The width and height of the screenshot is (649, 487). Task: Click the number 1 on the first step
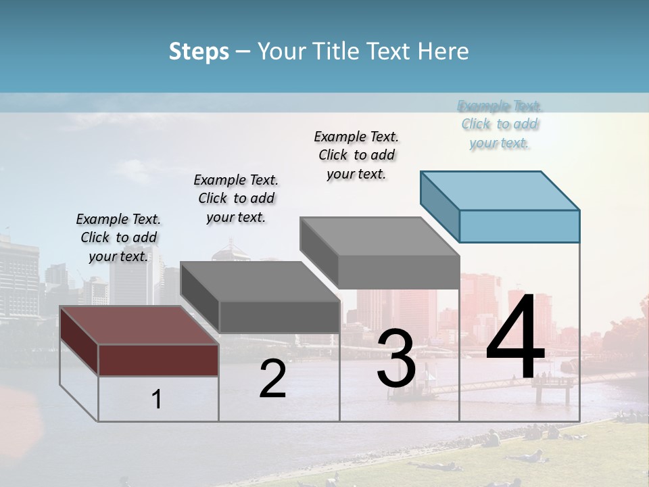(156, 399)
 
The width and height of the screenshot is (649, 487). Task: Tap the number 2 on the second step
(272, 379)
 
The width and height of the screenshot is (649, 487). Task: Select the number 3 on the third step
(395, 358)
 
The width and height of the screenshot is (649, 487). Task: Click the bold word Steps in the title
(199, 51)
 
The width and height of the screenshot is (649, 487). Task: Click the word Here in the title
(443, 51)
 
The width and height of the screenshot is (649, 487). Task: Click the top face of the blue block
(500, 190)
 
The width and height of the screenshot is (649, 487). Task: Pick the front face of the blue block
(519, 226)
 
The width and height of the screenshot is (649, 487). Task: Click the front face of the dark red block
(158, 360)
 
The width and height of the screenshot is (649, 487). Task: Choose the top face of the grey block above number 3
(379, 237)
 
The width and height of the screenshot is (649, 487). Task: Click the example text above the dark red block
(118, 237)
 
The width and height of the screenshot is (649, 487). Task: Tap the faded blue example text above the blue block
(500, 124)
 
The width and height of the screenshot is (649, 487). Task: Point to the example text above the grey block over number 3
(356, 155)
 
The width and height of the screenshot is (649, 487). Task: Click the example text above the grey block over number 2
(236, 198)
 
